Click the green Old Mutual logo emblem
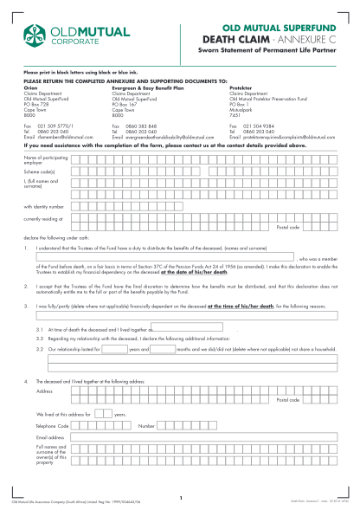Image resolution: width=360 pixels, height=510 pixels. click(x=31, y=36)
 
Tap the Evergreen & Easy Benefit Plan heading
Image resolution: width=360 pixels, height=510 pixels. click(x=152, y=87)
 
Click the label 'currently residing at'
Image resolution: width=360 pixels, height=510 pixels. click(x=43, y=220)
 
